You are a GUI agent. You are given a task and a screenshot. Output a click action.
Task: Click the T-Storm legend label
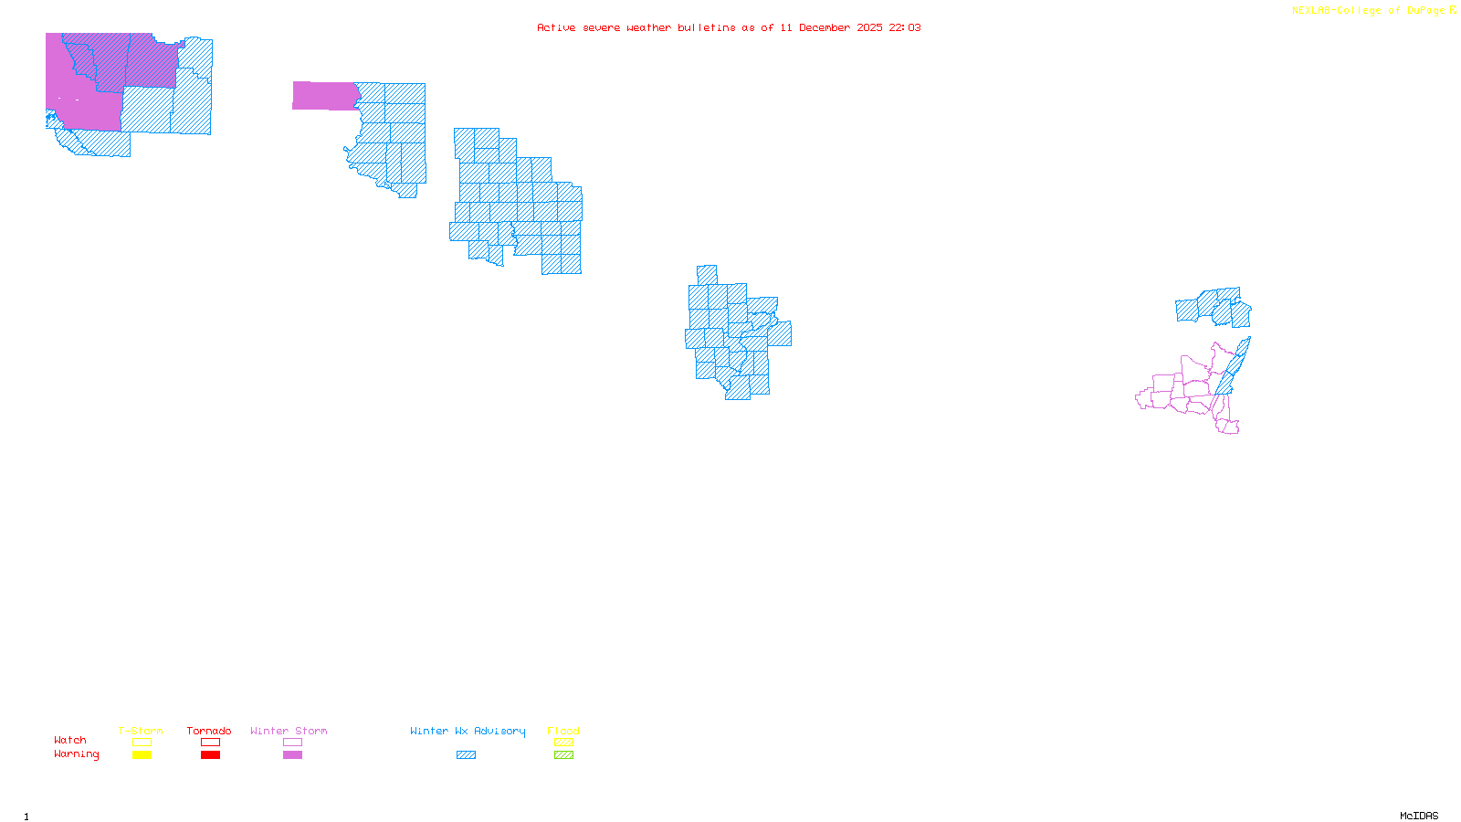coord(141,731)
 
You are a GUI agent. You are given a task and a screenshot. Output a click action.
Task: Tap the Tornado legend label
coord(209,731)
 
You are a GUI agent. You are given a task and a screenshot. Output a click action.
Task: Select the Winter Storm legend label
coord(289,731)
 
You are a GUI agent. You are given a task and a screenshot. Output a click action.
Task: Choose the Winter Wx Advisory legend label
coord(468,731)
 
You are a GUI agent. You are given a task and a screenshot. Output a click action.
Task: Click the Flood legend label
coord(563,731)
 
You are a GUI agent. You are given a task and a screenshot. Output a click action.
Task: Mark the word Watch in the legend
coord(70,740)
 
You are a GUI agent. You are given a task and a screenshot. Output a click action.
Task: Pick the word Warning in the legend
coord(77,754)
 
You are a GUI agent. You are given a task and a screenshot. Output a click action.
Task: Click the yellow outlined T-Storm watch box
coord(142,743)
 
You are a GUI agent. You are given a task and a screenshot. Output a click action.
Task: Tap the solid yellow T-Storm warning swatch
coord(142,755)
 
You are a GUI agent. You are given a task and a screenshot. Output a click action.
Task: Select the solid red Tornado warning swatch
coord(210,755)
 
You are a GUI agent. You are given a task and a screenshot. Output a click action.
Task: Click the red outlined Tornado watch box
coord(210,743)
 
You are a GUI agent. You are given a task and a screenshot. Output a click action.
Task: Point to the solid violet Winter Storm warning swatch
coord(292,755)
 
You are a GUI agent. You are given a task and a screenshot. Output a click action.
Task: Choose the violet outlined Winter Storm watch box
coord(292,743)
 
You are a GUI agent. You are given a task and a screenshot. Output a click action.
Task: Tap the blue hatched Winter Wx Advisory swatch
coord(466,755)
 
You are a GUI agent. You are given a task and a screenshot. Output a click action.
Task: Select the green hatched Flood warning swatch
coord(563,755)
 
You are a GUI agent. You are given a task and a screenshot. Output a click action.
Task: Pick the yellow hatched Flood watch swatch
coord(563,743)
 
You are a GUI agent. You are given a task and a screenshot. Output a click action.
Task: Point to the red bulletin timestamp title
coord(729,27)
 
